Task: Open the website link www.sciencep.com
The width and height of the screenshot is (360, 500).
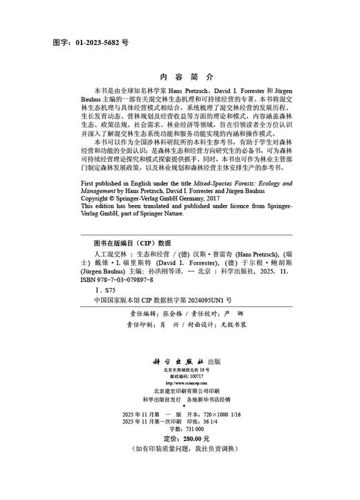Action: [x=179, y=384]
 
